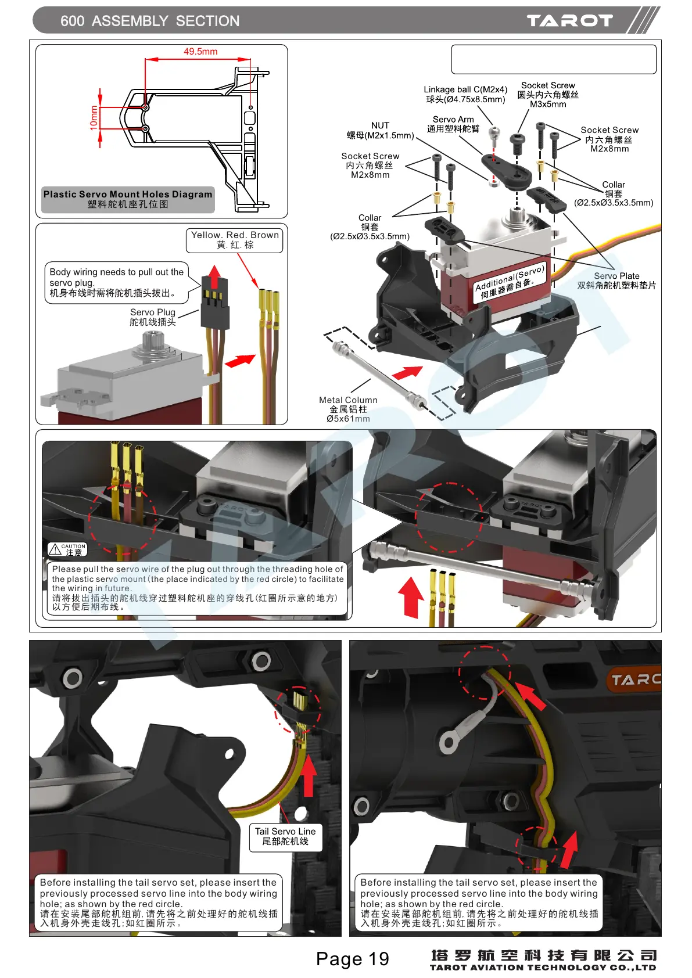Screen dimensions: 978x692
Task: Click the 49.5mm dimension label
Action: [200, 52]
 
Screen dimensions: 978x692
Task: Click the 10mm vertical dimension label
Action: [94, 117]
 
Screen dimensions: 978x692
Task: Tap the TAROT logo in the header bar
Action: [569, 21]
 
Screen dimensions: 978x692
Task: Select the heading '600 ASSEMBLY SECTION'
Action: [150, 21]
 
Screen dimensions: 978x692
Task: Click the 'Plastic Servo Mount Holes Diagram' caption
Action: [128, 199]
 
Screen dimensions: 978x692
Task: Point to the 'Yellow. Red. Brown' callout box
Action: [235, 240]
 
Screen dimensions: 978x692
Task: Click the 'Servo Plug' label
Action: [152, 317]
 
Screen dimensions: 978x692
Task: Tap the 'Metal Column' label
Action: [348, 409]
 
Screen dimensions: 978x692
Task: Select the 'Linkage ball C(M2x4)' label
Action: [465, 94]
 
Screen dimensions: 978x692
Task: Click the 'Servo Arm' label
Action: [453, 124]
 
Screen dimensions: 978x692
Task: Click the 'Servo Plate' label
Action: [616, 281]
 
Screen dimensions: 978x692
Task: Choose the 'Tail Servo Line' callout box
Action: [285, 836]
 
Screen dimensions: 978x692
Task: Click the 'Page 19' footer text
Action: [352, 958]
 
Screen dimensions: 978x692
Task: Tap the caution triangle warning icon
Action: [55, 549]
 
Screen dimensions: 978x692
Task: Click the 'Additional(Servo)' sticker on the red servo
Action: [510, 282]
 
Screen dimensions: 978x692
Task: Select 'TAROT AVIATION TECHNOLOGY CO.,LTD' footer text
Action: [543, 968]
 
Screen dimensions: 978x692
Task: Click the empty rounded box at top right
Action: [553, 59]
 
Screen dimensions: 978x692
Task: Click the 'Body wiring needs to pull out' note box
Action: [117, 282]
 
